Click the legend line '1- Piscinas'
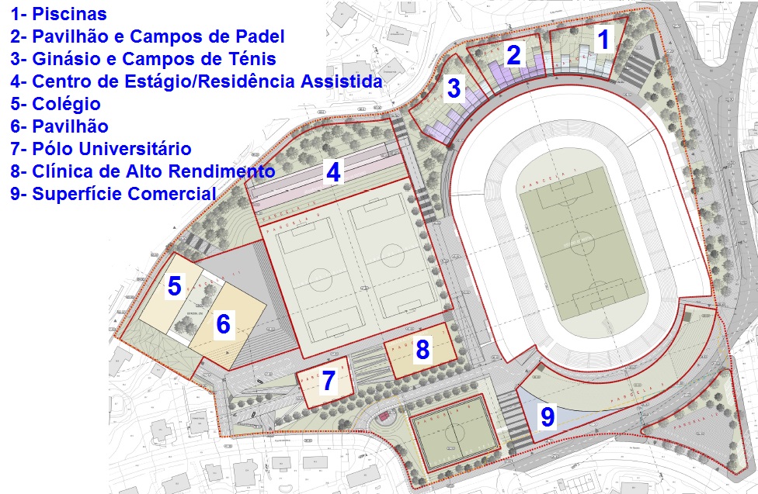click(58, 14)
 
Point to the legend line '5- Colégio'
click(55, 104)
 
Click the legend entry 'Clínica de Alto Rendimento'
click(143, 171)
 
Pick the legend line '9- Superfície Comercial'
click(113, 194)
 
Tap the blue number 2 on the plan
click(513, 55)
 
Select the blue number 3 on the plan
click(454, 89)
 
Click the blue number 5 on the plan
click(175, 287)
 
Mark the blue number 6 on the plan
click(223, 324)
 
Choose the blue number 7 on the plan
click(329, 381)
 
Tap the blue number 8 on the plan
click(422, 351)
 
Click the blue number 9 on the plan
click(548, 418)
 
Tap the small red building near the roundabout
click(383, 416)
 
